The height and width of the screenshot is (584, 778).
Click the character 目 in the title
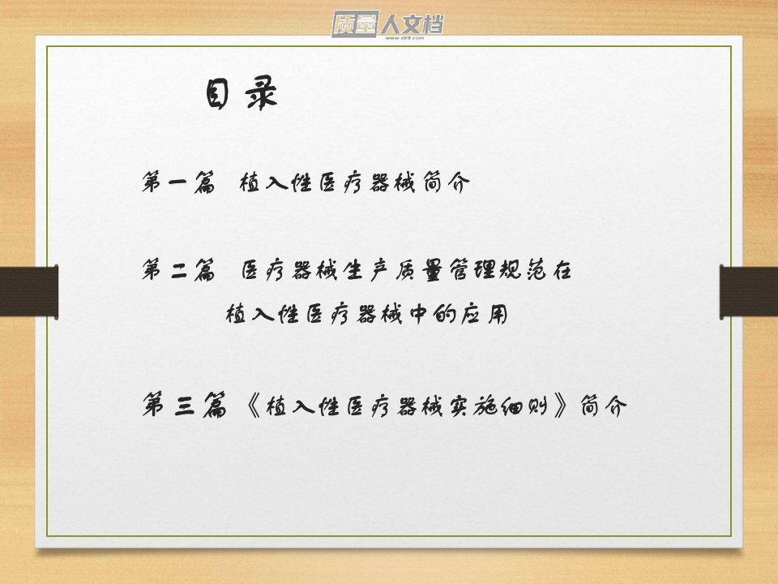point(217,92)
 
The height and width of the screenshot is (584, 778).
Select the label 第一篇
point(179,182)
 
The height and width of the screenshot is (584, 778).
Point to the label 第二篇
point(179,269)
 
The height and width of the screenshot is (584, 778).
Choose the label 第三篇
point(185,405)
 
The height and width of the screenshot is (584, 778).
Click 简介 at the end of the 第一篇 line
point(447,182)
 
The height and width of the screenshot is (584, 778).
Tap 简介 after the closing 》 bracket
point(603,406)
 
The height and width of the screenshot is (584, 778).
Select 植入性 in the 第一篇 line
point(276,182)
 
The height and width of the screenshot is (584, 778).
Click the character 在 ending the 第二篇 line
point(561,270)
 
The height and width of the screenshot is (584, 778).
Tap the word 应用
point(484,314)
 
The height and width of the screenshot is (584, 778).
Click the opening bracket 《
point(253,406)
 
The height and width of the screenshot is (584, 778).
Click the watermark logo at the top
point(387,24)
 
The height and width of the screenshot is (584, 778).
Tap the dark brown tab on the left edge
point(29,291)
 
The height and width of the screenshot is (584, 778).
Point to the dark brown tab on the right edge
point(749,291)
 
